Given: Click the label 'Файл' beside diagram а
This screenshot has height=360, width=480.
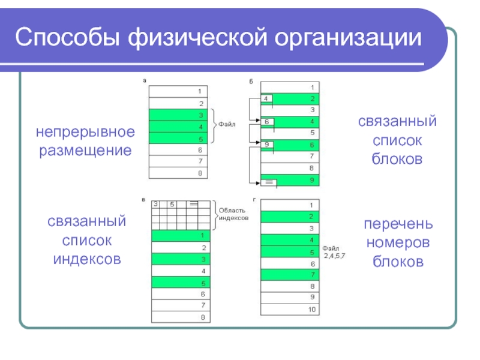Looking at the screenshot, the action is pos(227,125).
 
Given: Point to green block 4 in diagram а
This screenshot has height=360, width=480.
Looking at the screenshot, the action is pos(178,126).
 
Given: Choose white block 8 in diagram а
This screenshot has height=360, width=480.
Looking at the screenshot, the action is pos(178,173).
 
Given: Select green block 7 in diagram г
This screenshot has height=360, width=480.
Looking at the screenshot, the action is pos(290,274).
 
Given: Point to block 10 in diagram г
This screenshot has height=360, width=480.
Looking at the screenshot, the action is pos(290,309).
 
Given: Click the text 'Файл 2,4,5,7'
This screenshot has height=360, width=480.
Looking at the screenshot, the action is pos(334,251).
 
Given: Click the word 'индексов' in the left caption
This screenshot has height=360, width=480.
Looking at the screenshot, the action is pos(87,259).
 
